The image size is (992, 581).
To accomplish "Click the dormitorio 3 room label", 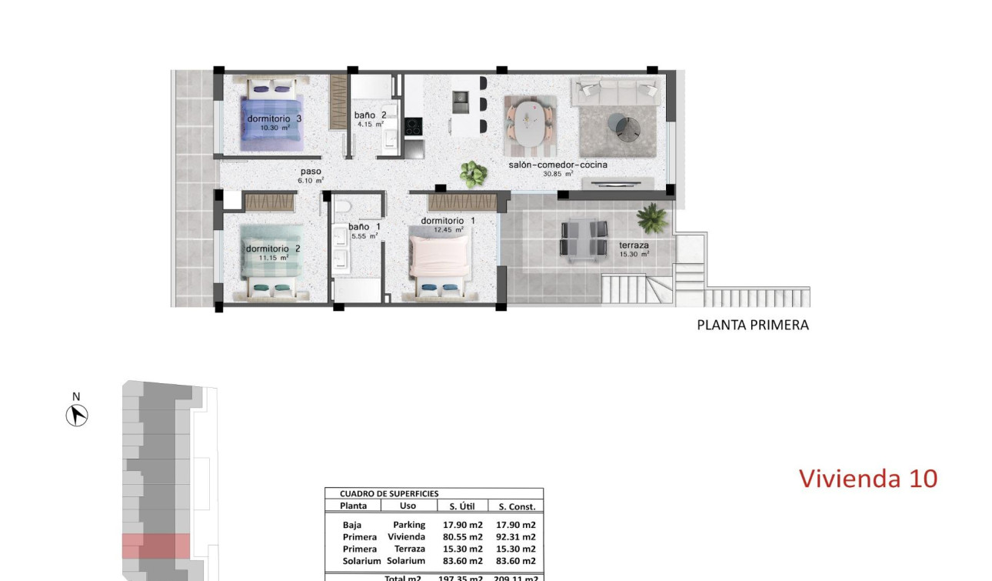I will tap(274, 119).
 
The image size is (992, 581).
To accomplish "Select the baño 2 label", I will tap(370, 115).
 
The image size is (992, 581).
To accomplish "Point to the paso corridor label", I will tap(311, 172).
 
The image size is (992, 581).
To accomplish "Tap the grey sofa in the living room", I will tap(614, 91).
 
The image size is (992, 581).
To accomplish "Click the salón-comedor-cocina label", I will tap(558, 165).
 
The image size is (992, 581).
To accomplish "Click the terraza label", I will tap(634, 245).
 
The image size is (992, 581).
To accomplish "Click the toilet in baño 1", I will tap(345, 206).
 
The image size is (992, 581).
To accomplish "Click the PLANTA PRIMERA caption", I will tap(752, 325).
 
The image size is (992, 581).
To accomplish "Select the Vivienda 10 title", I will tap(868, 478).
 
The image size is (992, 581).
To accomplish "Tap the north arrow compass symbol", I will tap(76, 415).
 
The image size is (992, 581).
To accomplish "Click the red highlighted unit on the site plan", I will tap(156, 546).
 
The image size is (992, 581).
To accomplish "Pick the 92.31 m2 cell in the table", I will tap(517, 537).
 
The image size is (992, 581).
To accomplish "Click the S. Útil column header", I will tap(461, 506).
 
